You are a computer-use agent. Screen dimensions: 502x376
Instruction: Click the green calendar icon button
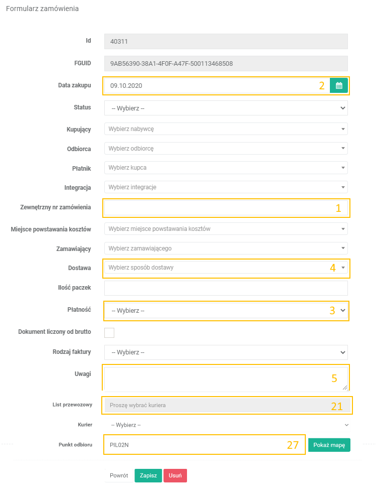pyautogui.click(x=339, y=85)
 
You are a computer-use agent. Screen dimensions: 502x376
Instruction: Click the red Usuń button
pyautogui.click(x=175, y=475)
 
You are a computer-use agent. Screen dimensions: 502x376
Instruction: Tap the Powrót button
pyautogui.click(x=119, y=475)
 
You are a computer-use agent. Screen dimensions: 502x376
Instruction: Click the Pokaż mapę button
pyautogui.click(x=329, y=445)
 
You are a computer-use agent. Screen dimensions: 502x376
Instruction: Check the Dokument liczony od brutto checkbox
pyautogui.click(x=109, y=332)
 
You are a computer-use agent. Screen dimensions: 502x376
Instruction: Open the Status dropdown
pyautogui.click(x=226, y=108)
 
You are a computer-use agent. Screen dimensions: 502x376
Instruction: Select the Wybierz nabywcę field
pyautogui.click(x=226, y=129)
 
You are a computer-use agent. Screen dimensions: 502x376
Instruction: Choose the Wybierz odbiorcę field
pyautogui.click(x=226, y=149)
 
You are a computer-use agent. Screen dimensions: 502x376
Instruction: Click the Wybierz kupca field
pyautogui.click(x=226, y=168)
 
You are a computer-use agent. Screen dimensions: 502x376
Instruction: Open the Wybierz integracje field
pyautogui.click(x=226, y=187)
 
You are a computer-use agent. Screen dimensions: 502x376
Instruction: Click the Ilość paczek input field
pyautogui.click(x=226, y=288)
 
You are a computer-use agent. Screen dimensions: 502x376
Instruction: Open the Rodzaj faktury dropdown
pyautogui.click(x=226, y=352)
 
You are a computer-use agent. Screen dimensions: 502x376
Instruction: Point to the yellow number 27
pyautogui.click(x=293, y=445)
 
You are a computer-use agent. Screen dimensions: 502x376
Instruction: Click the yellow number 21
pyautogui.click(x=337, y=406)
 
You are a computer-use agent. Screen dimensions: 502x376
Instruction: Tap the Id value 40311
pyautogui.click(x=120, y=42)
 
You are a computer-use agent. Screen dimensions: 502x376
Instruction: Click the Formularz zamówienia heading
pyautogui.click(x=42, y=9)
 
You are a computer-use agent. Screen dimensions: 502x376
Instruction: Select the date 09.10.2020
pyautogui.click(x=127, y=86)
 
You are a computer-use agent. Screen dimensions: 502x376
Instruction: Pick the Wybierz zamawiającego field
pyautogui.click(x=226, y=248)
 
